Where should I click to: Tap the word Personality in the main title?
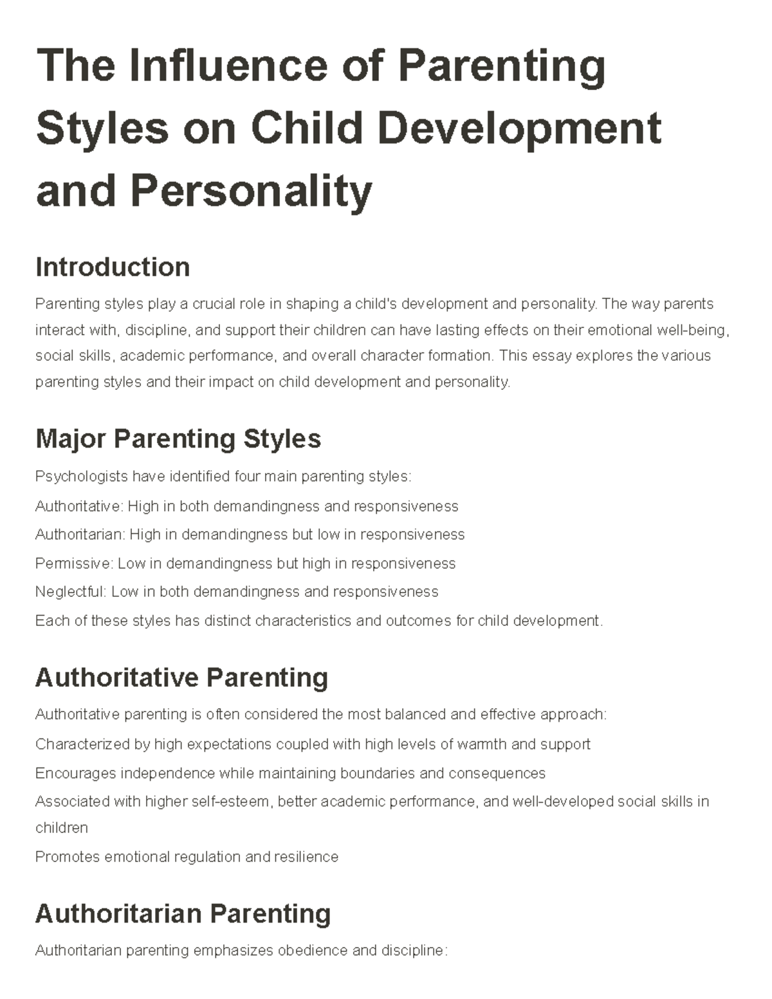pos(251,191)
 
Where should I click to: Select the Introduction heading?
pos(113,267)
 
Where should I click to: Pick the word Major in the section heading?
pos(70,439)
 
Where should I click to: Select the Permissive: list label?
pos(75,564)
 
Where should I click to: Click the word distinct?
pos(228,621)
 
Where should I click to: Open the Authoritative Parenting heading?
pos(181,677)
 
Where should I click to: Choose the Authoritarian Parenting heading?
pos(183,913)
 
